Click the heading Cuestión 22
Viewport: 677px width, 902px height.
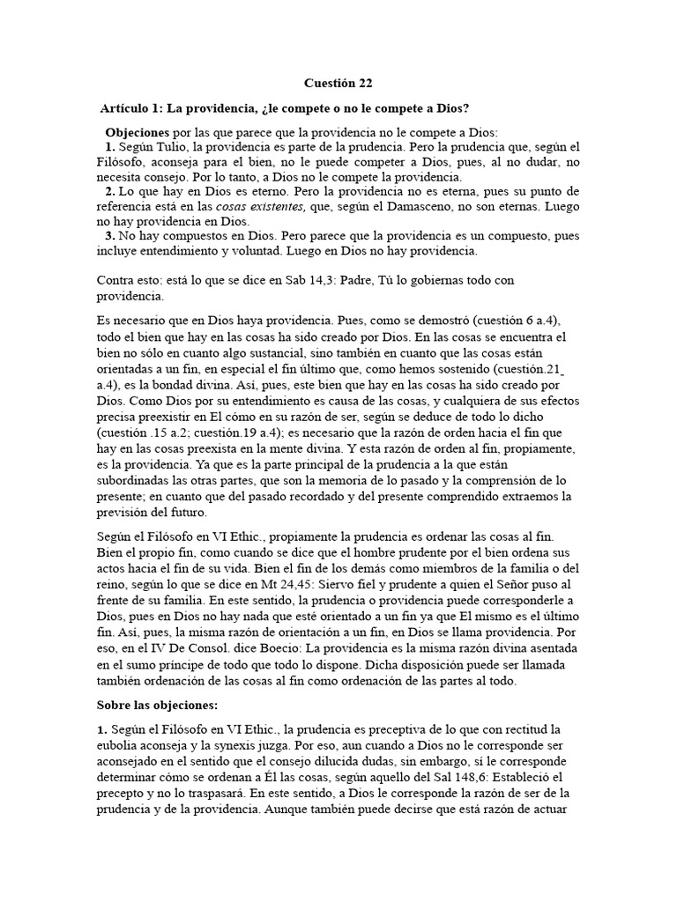coord(338,84)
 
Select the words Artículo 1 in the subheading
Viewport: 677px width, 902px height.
coord(131,107)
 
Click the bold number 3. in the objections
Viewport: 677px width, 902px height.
coord(110,236)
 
